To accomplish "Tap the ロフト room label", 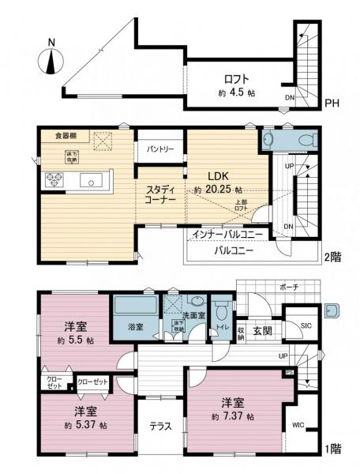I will pyautogui.click(x=235, y=79).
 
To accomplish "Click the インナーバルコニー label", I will pyautogui.click(x=227, y=235).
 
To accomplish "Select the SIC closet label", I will pyautogui.click(x=306, y=326).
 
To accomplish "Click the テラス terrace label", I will pyautogui.click(x=162, y=427).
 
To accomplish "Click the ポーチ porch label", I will pyautogui.click(x=288, y=287).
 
